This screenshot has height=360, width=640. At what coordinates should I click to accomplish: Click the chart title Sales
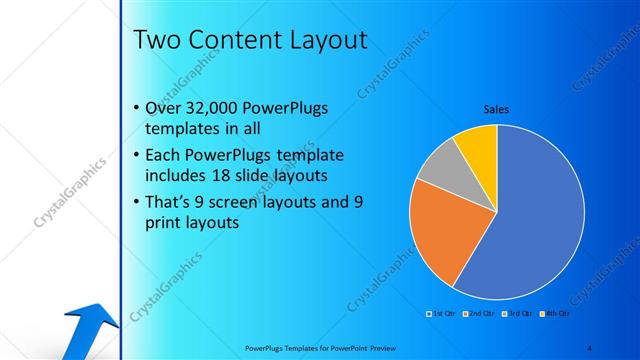point(496,111)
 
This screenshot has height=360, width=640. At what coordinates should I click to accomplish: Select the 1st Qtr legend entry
point(439,314)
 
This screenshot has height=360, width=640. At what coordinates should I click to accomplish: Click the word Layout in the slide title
point(319,39)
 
